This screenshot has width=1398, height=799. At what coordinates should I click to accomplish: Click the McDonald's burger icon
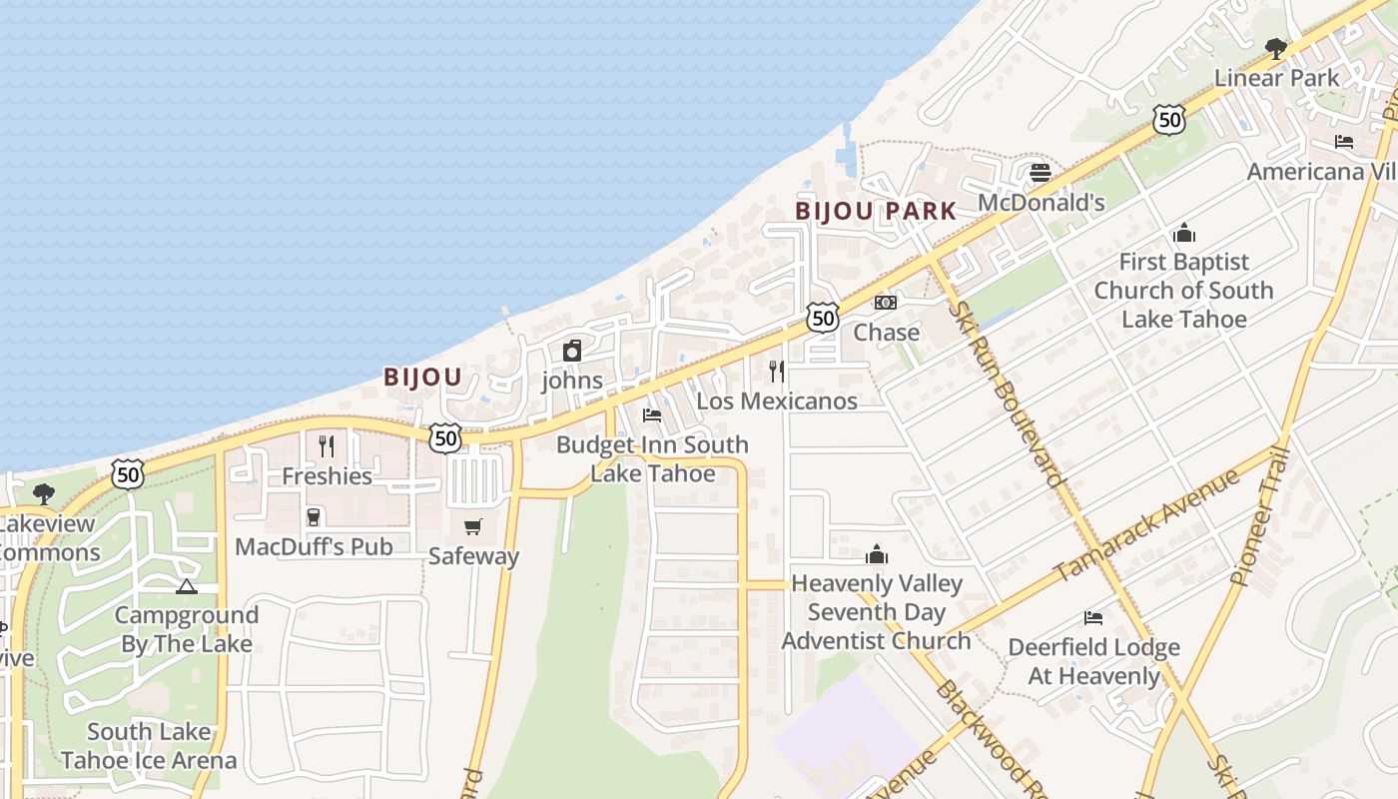point(1041,173)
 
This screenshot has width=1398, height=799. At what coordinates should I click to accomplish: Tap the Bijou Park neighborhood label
point(876,211)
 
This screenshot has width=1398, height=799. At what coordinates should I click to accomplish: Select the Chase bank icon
point(886,303)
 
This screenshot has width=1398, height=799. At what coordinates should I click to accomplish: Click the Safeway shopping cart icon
point(473,526)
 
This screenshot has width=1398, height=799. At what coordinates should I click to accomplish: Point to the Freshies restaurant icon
point(327,445)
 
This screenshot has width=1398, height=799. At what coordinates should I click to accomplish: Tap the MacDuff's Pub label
point(314,547)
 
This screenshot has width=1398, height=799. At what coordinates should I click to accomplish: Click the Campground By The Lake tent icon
point(187,586)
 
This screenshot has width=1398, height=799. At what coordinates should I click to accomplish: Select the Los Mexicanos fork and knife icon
point(777,372)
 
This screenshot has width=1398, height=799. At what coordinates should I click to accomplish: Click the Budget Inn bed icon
point(652,414)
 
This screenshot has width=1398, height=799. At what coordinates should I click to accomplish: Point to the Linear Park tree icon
point(1276,48)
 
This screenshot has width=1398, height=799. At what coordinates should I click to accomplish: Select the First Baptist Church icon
point(1184,234)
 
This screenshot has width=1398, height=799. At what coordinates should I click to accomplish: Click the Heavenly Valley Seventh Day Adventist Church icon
point(877,554)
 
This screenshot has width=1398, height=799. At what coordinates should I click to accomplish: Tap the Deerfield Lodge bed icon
point(1093,618)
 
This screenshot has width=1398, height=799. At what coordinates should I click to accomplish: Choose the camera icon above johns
point(572,351)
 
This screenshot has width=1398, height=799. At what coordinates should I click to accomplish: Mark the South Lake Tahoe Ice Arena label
point(149,746)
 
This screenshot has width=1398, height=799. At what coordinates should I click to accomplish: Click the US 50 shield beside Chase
point(823,319)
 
